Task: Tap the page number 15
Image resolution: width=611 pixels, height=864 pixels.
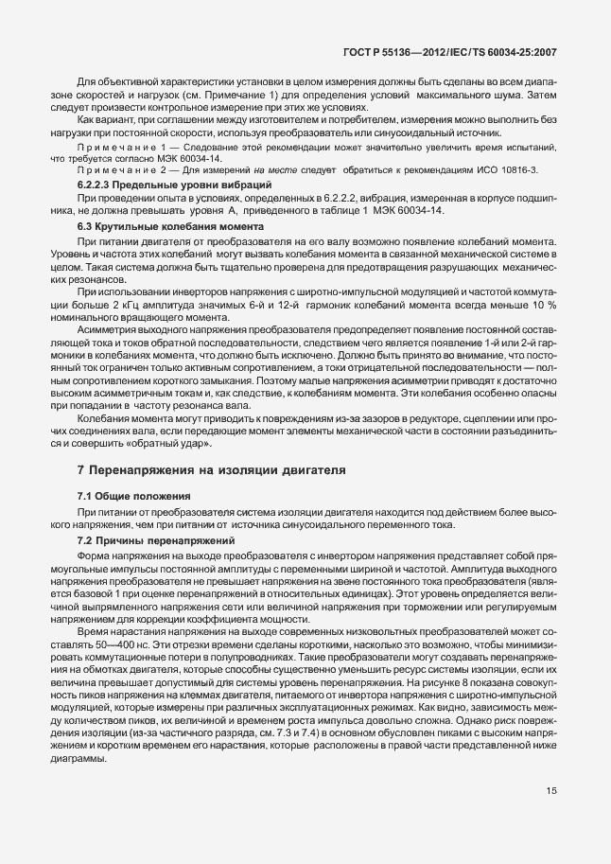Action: pyautogui.click(x=550, y=791)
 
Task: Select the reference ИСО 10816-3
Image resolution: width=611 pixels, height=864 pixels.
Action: pyautogui.click(x=508, y=168)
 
